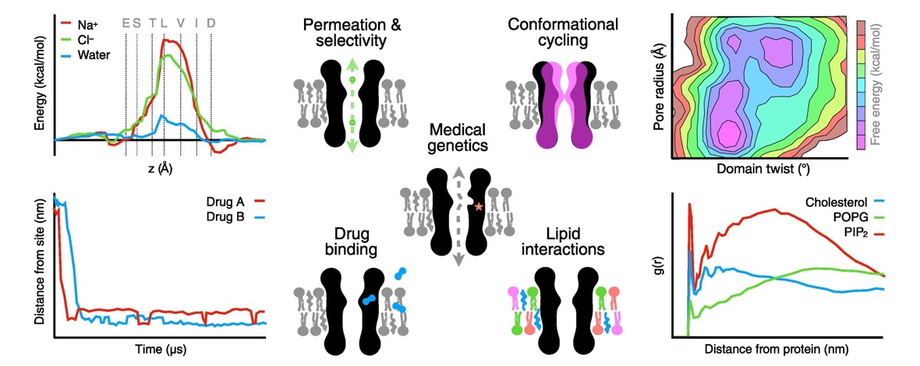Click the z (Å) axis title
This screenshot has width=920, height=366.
[164, 168]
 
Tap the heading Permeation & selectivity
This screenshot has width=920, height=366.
[352, 35]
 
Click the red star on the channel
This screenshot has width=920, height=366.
[479, 206]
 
